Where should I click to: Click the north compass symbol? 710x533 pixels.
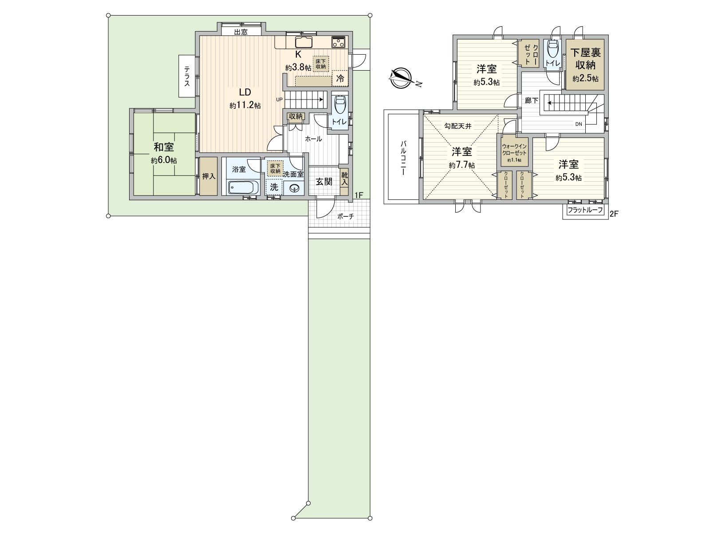pos(402,78)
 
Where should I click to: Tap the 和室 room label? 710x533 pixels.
pos(164,147)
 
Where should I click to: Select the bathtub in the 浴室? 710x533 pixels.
pos(243,187)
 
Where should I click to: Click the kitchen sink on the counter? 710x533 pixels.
pos(304,42)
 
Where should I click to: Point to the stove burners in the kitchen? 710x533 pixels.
pos(339,42)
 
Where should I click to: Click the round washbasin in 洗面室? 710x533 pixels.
pos(294,188)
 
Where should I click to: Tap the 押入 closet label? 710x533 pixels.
pos(209,177)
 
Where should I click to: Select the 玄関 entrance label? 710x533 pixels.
pos(324,182)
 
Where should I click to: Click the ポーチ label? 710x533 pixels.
pos(345,216)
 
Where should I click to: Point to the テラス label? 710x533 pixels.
pos(187,76)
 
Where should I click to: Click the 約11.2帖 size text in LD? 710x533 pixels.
pos(245,106)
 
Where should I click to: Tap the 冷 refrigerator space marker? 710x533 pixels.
pos(340,78)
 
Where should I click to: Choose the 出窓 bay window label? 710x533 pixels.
pos(241,32)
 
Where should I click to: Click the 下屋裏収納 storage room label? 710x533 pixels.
pos(585,59)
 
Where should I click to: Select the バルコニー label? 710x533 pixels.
pos(403,158)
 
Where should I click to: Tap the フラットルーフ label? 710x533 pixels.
pos(585,210)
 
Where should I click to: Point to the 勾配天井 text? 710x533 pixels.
pos(458,126)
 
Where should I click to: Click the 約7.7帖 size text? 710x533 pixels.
pos(462,165)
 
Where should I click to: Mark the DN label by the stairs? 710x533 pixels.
pos(579,124)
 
